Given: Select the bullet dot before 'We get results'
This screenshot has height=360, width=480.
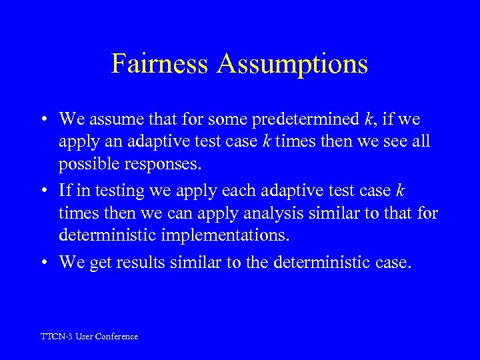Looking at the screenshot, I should tap(42, 263).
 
